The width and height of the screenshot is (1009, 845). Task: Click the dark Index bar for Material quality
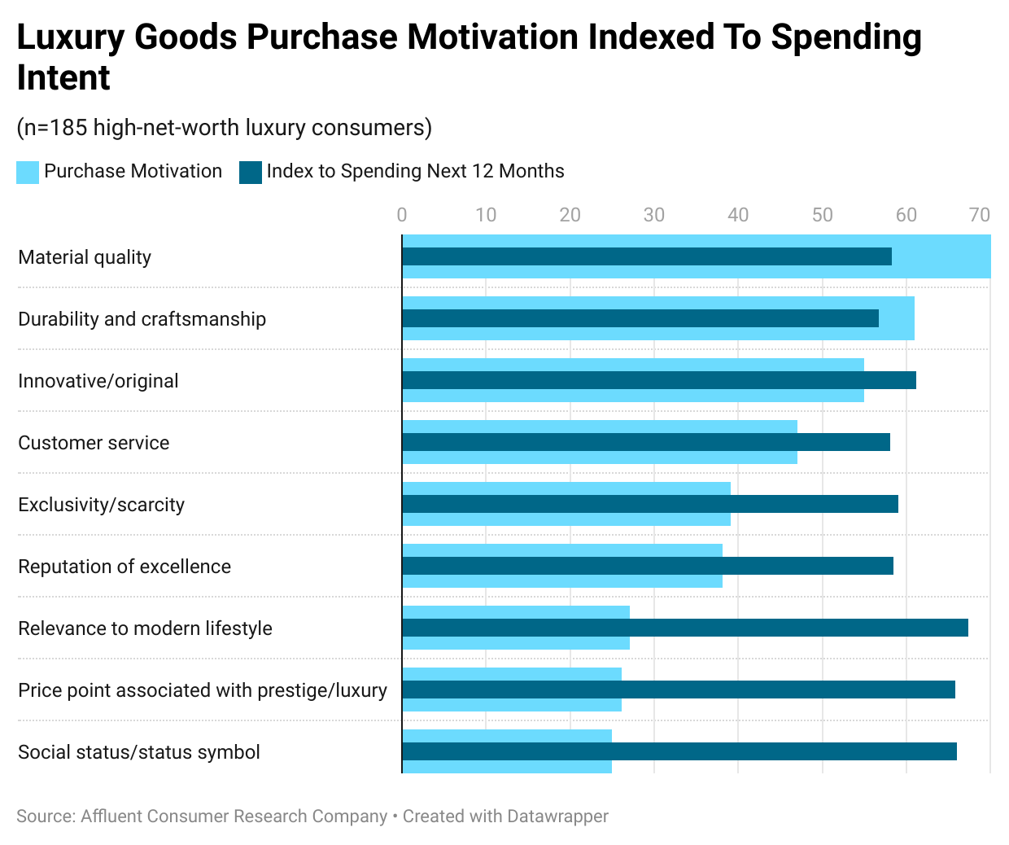pyautogui.click(x=647, y=256)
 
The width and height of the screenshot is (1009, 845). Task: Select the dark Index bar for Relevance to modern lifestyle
pyautogui.click(x=685, y=628)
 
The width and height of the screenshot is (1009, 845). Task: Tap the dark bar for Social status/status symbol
pyautogui.click(x=679, y=751)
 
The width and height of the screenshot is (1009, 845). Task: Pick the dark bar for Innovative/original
pyautogui.click(x=659, y=380)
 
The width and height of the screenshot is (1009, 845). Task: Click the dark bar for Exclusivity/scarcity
pyautogui.click(x=650, y=504)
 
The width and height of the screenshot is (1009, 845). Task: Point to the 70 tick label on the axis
pyautogui.click(x=980, y=215)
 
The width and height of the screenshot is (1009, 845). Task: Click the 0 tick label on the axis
pyautogui.click(x=402, y=215)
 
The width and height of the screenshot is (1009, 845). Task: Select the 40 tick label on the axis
pyautogui.click(x=738, y=215)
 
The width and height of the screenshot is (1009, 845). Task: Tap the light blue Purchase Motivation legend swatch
pyautogui.click(x=28, y=172)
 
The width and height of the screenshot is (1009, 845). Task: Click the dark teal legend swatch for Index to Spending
pyautogui.click(x=251, y=172)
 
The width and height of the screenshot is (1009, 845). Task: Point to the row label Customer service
pyautogui.click(x=94, y=443)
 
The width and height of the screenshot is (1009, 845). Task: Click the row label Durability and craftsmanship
pyautogui.click(x=142, y=319)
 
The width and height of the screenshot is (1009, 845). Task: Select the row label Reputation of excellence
pyautogui.click(x=124, y=567)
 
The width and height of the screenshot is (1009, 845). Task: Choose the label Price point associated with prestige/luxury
pyautogui.click(x=203, y=690)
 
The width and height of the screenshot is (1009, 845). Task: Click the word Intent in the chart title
pyautogui.click(x=63, y=78)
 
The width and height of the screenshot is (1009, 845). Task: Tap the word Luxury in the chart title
pyautogui.click(x=69, y=37)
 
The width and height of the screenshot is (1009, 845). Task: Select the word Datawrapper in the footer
pyautogui.click(x=557, y=816)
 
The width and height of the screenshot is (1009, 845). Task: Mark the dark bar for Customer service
pyautogui.click(x=646, y=442)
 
